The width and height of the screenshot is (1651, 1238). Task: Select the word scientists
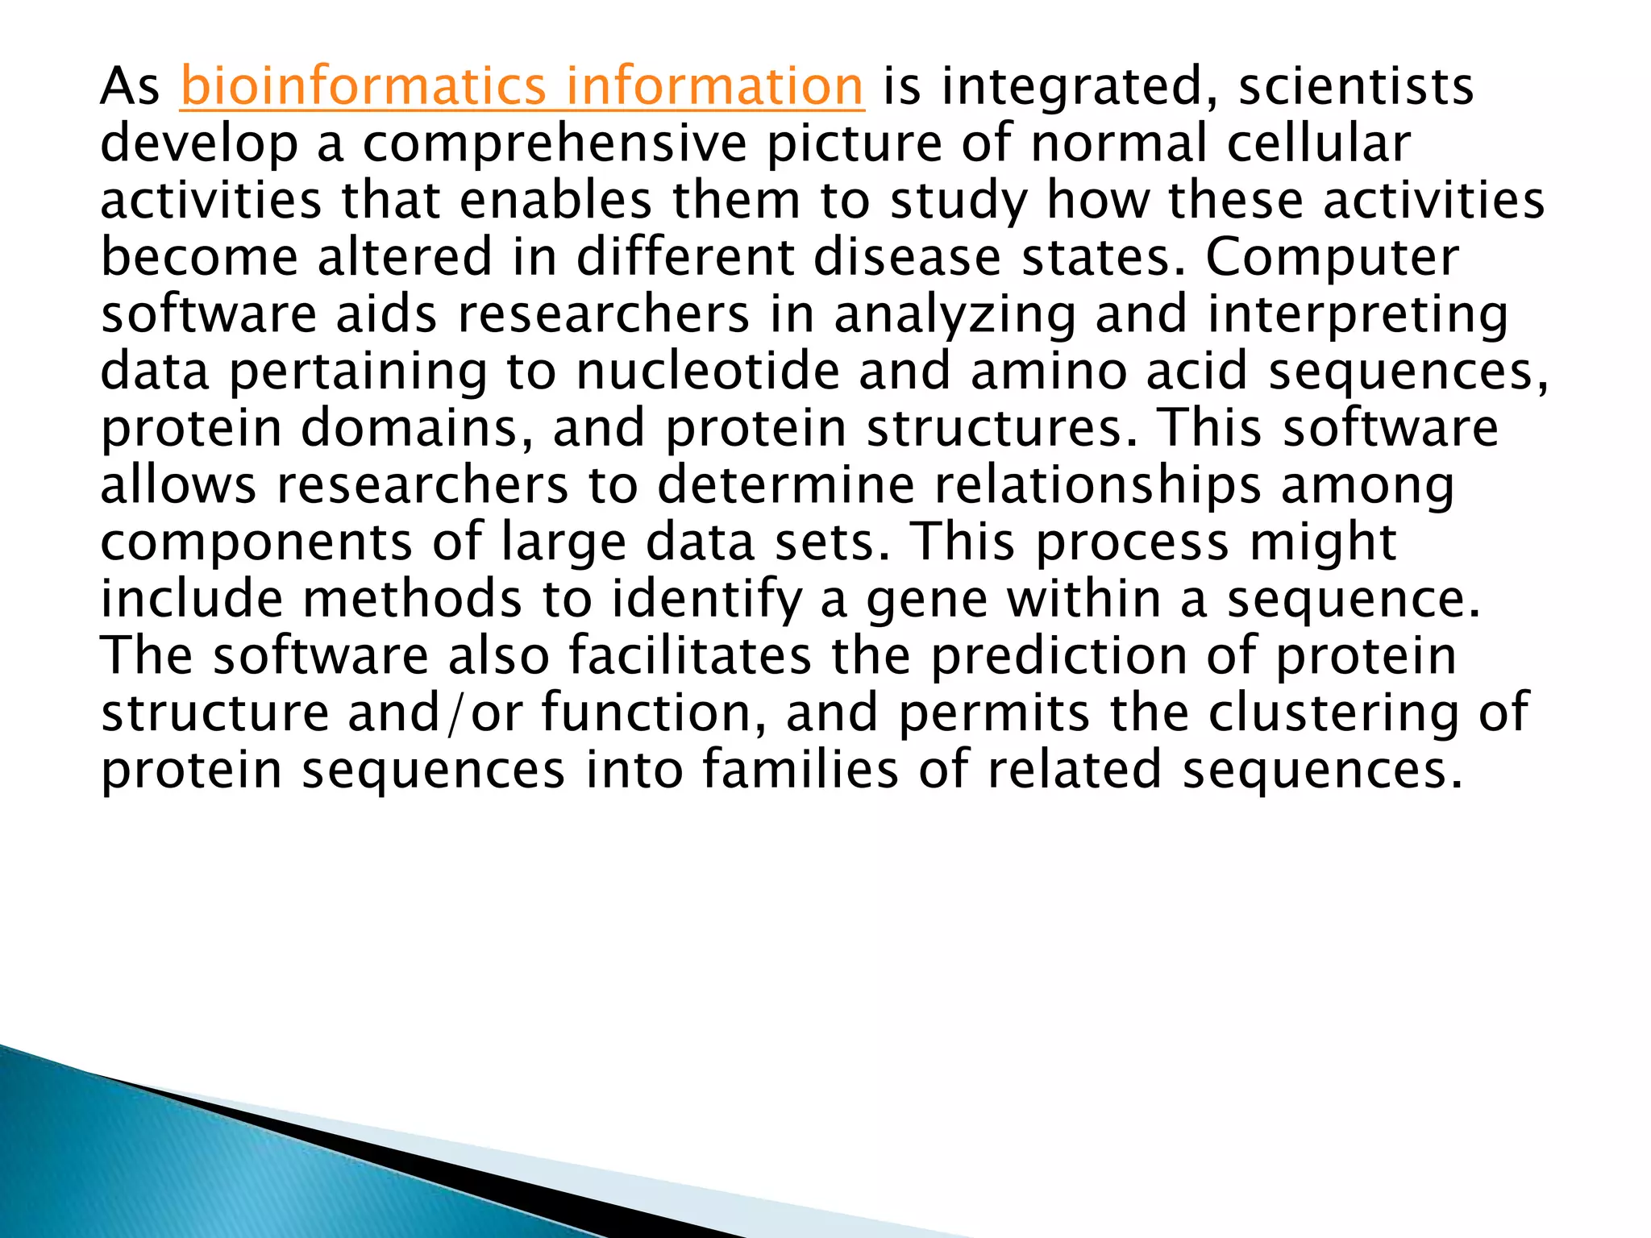click(1356, 86)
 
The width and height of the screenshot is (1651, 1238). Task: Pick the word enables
click(556, 200)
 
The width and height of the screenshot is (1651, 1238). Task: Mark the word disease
click(907, 257)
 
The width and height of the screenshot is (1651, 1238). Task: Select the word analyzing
click(954, 314)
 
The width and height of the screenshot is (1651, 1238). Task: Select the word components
click(256, 542)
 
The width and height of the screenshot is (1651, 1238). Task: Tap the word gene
click(927, 600)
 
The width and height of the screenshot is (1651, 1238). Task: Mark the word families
click(800, 770)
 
